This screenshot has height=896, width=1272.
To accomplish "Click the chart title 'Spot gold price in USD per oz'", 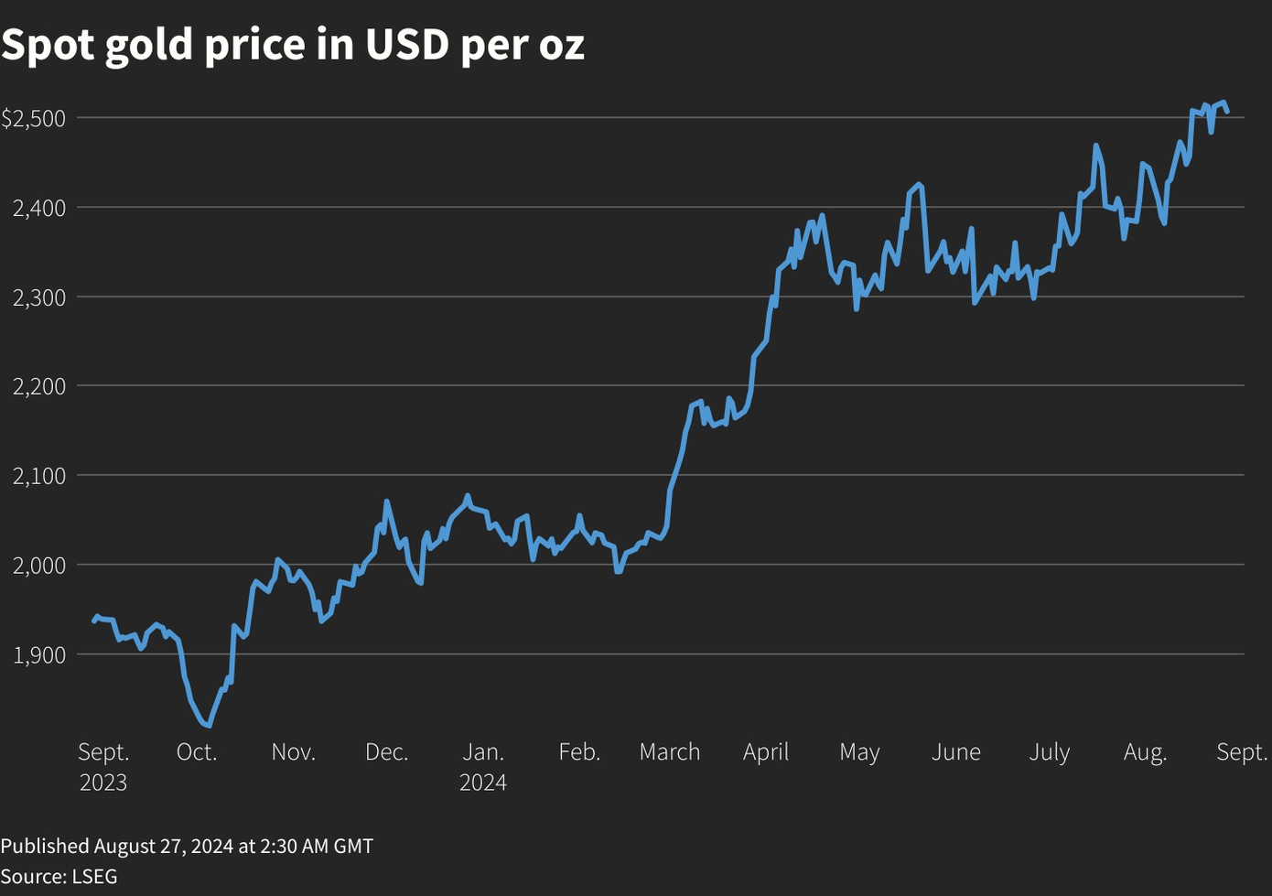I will pyautogui.click(x=293, y=44).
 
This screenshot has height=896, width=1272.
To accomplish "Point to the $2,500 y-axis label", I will pyautogui.click(x=34, y=118).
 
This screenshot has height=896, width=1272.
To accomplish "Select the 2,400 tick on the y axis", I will pyautogui.click(x=39, y=208).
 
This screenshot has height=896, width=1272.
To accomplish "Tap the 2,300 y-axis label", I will pyautogui.click(x=39, y=297).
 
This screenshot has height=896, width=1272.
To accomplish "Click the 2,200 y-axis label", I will pyautogui.click(x=39, y=386).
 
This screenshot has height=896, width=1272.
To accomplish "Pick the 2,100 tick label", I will pyautogui.click(x=39, y=476).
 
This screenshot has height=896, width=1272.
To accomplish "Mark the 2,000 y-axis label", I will pyautogui.click(x=39, y=566).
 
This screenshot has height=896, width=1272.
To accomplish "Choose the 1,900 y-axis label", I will pyautogui.click(x=39, y=655).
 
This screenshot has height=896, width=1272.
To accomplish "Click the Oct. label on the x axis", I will pyautogui.click(x=197, y=752).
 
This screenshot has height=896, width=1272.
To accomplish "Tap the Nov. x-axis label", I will pyautogui.click(x=294, y=752).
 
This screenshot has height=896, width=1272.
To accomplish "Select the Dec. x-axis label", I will pyautogui.click(x=387, y=752).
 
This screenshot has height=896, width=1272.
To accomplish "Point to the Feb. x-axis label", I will pyautogui.click(x=579, y=752).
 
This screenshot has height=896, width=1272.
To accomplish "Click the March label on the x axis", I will pyautogui.click(x=670, y=752).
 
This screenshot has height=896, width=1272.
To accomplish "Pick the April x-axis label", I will pyautogui.click(x=766, y=752).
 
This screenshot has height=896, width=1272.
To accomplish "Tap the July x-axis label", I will pyautogui.click(x=1050, y=752).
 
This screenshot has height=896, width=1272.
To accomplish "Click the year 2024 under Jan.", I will pyautogui.click(x=483, y=783).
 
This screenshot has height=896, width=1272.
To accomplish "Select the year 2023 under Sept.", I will pyautogui.click(x=103, y=783).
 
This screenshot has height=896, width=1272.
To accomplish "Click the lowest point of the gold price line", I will pyautogui.click(x=209, y=725).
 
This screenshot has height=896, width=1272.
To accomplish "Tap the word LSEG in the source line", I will pyautogui.click(x=94, y=876).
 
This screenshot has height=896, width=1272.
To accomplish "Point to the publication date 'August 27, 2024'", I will pyautogui.click(x=164, y=846).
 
